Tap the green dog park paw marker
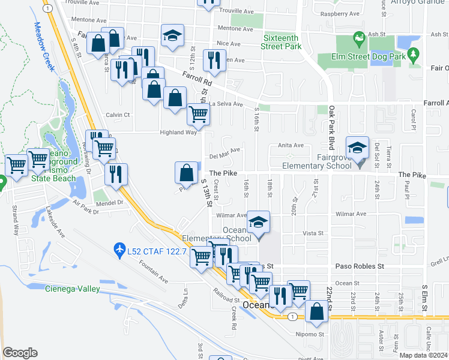tap(359, 38)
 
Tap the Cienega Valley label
tap(72, 289)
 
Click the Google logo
tap(20, 353)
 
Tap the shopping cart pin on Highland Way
tap(198, 114)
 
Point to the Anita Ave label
tap(291, 145)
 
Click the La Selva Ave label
tap(226, 104)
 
